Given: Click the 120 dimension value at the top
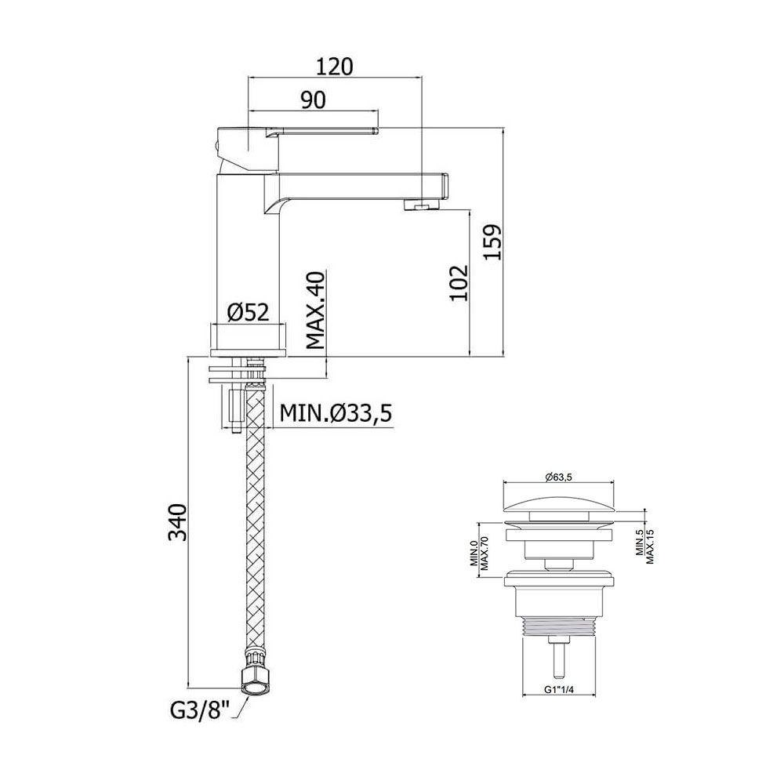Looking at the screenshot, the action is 335,67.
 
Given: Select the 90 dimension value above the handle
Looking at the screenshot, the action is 313,100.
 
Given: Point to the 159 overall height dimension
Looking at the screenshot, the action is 492,242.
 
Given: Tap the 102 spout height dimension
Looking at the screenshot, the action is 459,282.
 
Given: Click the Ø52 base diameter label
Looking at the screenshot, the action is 249,313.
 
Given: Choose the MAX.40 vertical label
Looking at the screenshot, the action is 315,310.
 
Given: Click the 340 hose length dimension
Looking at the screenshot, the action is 177,522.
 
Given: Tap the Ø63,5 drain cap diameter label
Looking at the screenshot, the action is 558,477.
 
